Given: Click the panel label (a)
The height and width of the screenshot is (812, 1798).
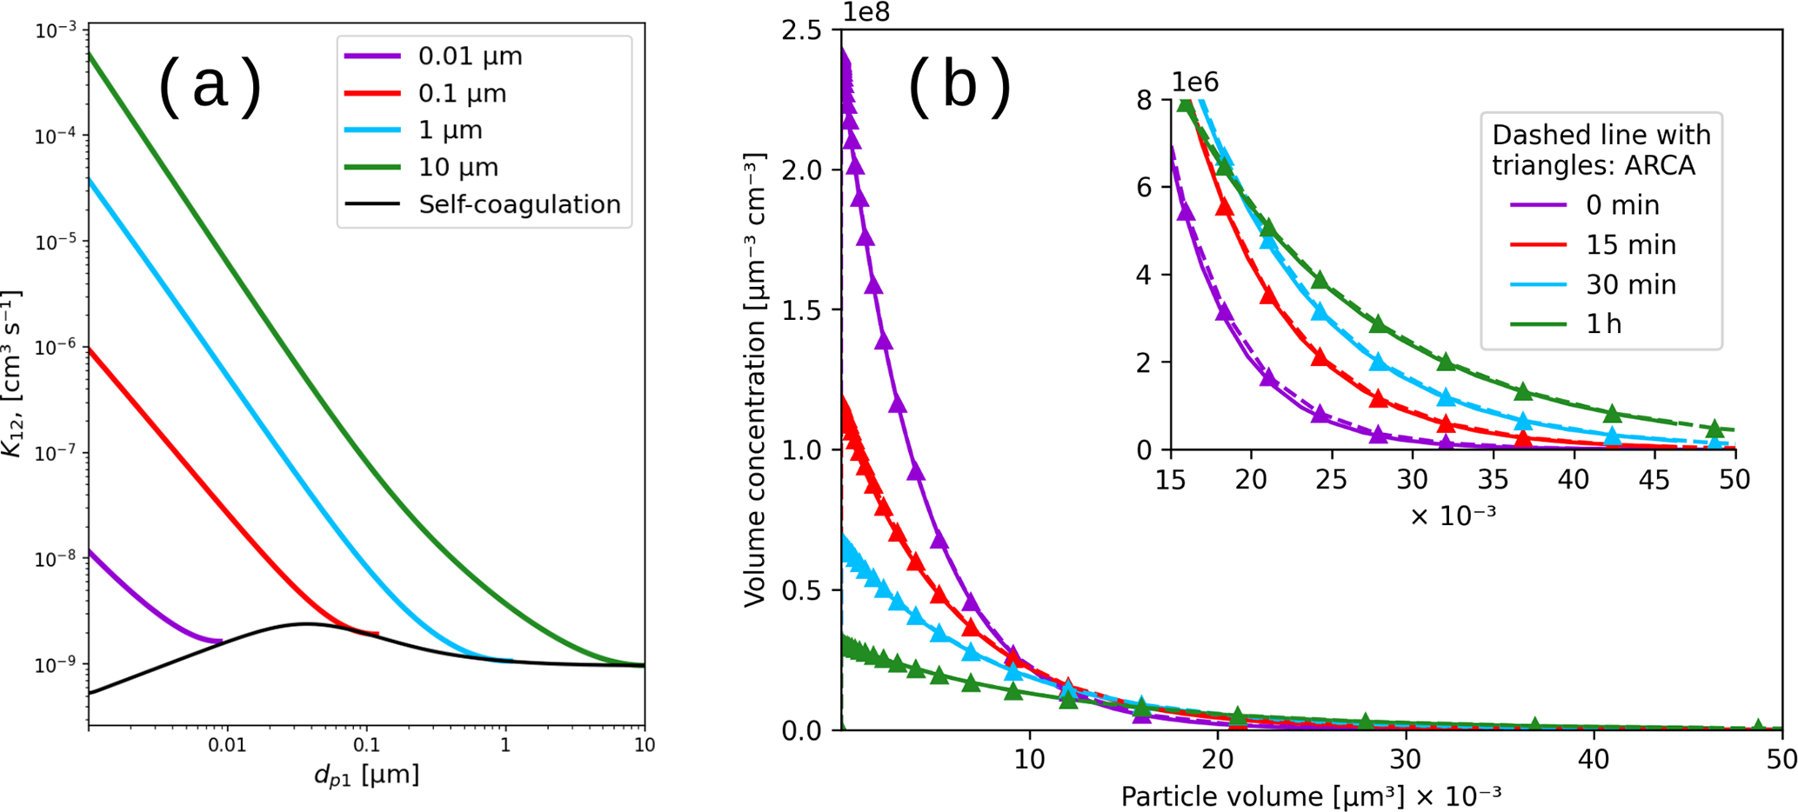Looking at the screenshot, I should tap(210, 86).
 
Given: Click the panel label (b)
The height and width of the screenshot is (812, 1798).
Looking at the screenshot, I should tap(959, 86).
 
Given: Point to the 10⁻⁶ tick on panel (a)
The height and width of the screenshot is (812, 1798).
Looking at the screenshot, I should tap(55, 348).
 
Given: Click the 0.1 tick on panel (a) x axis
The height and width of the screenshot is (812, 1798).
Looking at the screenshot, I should tap(366, 746).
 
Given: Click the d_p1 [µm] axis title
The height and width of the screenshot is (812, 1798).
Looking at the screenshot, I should tap(366, 774).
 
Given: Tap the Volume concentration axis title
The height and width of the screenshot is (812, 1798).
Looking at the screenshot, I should tap(755, 380).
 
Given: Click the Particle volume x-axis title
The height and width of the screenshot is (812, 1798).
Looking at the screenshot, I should tap(1310, 795).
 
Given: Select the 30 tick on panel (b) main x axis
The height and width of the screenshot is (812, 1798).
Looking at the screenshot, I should tap(1406, 759).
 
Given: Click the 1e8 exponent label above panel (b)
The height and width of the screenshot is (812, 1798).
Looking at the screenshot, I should tap(866, 12).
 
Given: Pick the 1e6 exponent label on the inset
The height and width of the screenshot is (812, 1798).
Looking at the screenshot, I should tap(1195, 83).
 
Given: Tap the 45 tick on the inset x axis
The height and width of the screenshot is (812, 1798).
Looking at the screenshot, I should tap(1654, 479).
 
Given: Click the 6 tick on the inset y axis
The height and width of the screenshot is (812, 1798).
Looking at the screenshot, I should tap(1144, 188).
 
